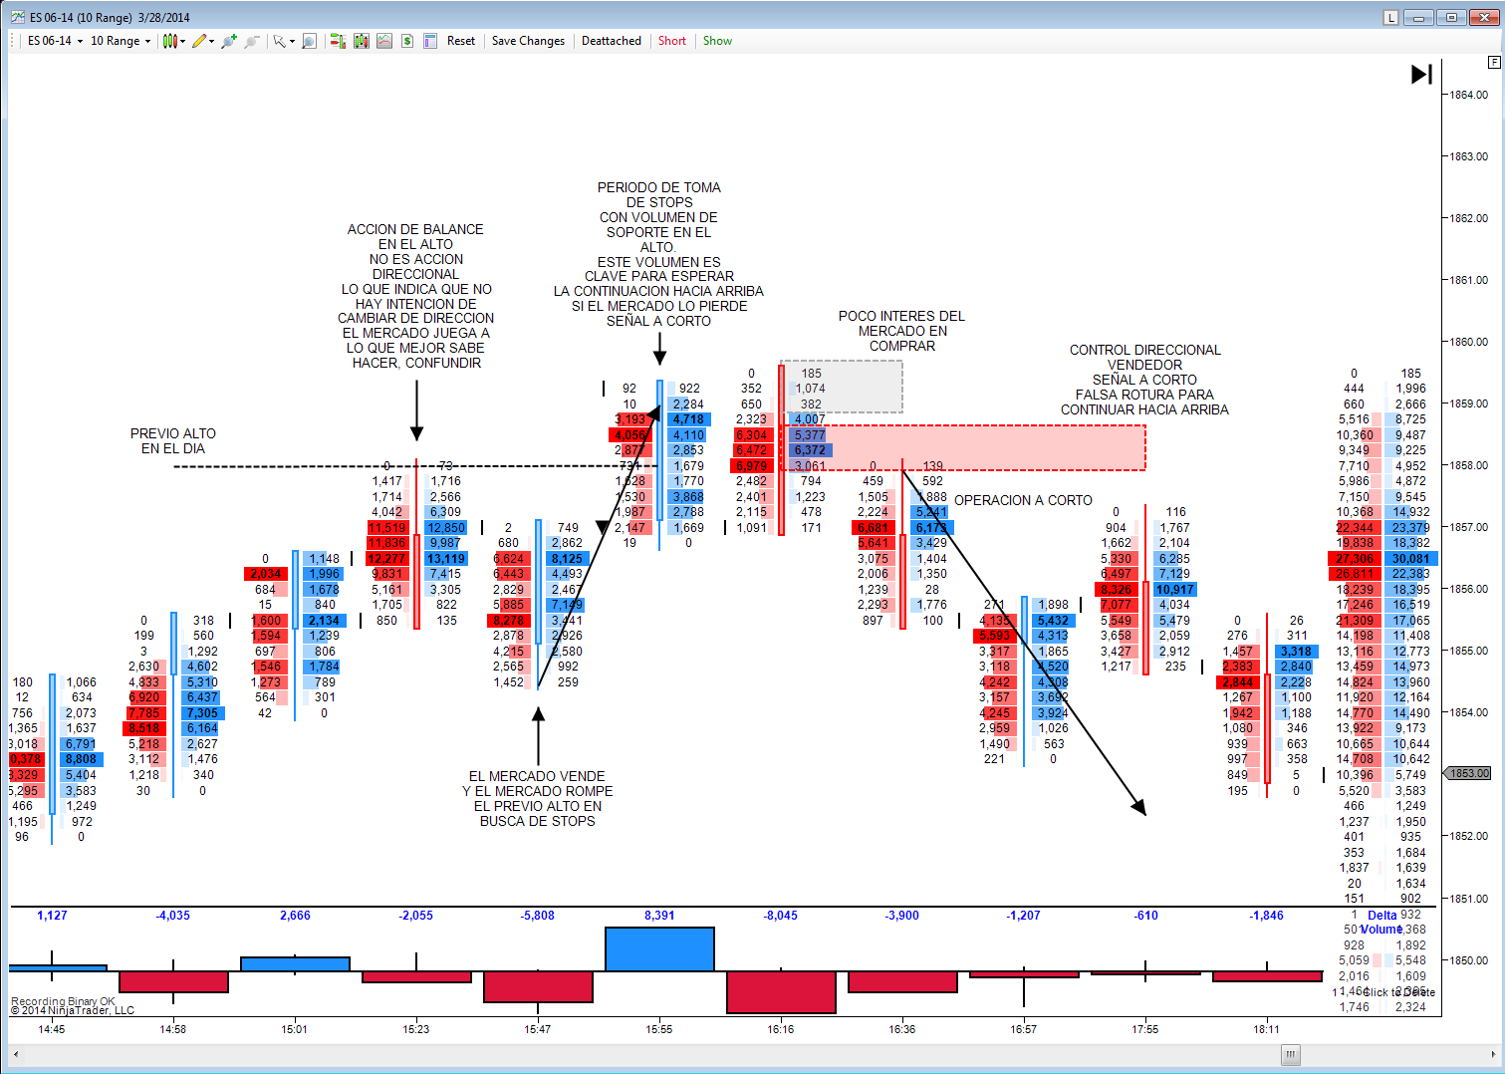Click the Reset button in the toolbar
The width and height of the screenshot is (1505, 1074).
click(460, 41)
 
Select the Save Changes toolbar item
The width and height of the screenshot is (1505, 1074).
click(528, 41)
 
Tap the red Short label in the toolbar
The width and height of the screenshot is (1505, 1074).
click(671, 41)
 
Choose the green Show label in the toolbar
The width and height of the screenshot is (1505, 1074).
click(717, 41)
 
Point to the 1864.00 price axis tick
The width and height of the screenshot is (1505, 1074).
click(1468, 95)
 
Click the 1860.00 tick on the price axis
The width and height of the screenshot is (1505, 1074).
click(1468, 342)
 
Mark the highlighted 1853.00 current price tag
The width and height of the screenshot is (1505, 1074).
click(1469, 773)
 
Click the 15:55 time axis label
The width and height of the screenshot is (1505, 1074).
click(658, 1029)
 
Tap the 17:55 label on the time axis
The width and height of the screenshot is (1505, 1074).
click(1144, 1029)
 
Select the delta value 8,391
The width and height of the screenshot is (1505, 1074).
click(658, 916)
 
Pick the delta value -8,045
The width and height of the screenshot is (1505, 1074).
click(780, 916)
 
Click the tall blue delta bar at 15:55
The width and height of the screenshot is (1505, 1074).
click(658, 948)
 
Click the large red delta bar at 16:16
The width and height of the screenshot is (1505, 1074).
click(780, 992)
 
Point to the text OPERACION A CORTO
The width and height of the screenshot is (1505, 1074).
click(1023, 500)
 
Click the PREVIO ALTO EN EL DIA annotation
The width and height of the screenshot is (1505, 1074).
click(172, 441)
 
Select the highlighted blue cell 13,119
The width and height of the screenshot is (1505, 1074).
click(445, 559)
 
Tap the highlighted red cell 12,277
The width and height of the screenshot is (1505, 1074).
click(386, 559)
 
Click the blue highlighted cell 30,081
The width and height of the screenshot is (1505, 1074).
click(1410, 559)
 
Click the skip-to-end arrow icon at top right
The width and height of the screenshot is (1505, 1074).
click(1421, 74)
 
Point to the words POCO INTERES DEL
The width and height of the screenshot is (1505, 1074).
click(901, 316)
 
